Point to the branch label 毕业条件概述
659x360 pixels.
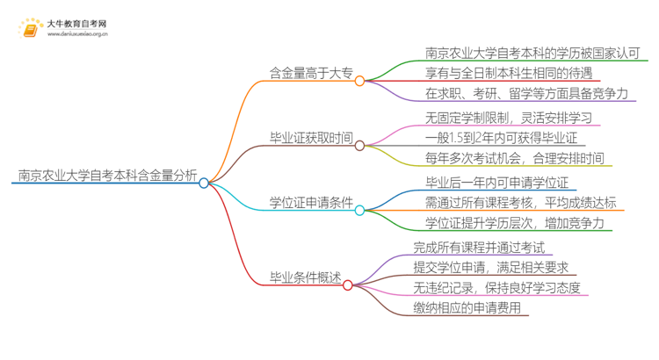(x=304, y=277)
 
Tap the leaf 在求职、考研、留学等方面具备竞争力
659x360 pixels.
(x=525, y=93)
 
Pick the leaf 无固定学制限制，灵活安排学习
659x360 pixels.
(x=507, y=117)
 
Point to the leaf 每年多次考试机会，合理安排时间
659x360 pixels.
(x=515, y=159)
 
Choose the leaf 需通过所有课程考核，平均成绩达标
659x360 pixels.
(x=520, y=202)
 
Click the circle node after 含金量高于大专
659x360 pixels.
(x=359, y=80)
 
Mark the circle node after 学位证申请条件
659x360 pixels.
(x=359, y=211)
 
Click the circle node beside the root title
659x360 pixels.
(x=204, y=183)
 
